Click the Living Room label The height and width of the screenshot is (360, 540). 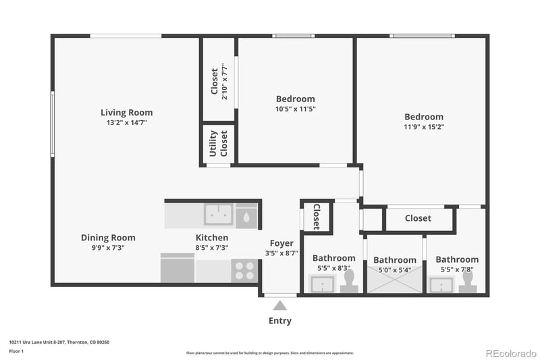click(126, 113)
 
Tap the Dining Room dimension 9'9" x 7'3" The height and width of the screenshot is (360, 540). click(108, 248)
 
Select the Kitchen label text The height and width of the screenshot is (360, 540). click(211, 238)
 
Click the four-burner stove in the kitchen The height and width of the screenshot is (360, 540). click(245, 271)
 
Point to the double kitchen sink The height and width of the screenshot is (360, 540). click(219, 215)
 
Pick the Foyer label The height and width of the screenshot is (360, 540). click(281, 243)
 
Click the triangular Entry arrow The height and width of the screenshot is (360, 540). click(280, 306)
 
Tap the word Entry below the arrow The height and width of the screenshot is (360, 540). click(280, 321)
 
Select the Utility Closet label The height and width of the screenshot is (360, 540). click(218, 143)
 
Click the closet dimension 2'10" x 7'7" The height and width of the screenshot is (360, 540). click(225, 81)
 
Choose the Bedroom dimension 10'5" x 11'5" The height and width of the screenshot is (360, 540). click(295, 109)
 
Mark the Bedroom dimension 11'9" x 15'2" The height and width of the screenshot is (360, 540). click(424, 126)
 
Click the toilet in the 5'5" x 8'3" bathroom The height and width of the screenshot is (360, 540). click(350, 281)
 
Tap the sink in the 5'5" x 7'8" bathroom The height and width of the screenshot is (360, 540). click(441, 284)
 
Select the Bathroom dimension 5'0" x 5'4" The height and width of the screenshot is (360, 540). click(395, 270)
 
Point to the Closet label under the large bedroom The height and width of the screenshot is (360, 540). click(418, 218)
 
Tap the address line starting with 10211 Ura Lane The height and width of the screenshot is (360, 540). click(59, 342)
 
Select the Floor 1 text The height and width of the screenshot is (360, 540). click(16, 351)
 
